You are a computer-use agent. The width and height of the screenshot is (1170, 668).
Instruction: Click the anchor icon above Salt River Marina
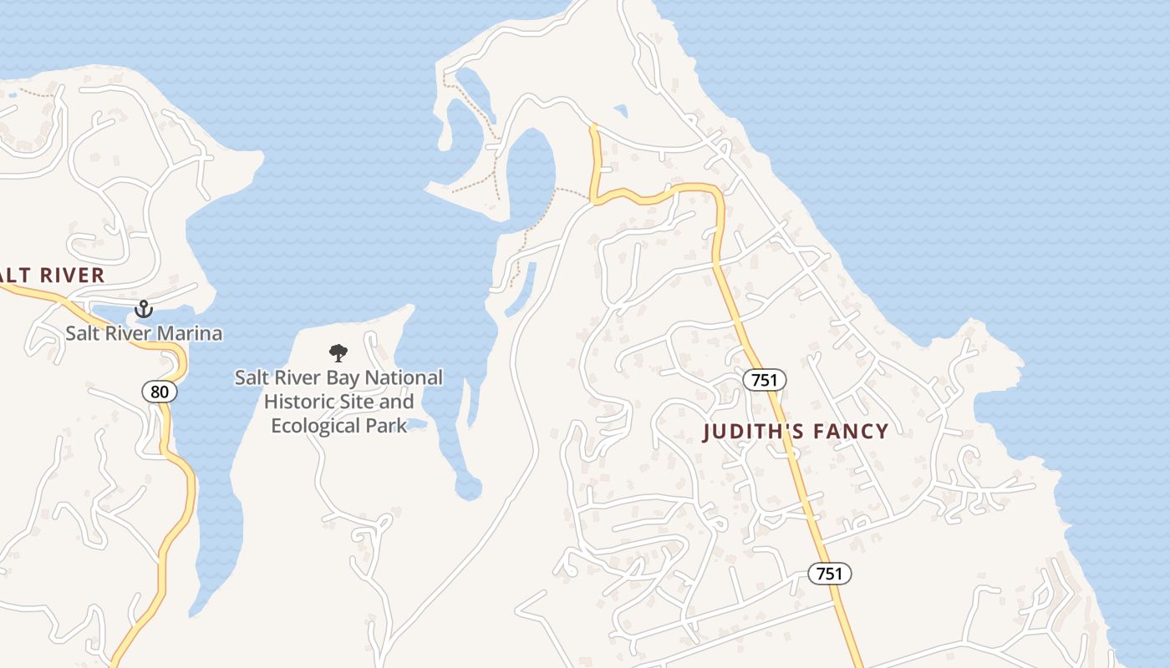point(144,309)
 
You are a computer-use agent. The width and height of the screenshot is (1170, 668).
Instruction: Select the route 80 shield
point(158,391)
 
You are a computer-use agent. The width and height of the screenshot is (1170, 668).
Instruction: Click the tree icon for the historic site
point(338,353)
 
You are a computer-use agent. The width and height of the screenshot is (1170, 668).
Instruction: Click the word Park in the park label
point(386,426)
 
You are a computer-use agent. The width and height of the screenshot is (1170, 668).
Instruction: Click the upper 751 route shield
point(764,380)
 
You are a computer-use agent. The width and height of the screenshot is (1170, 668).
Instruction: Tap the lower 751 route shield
point(829,574)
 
